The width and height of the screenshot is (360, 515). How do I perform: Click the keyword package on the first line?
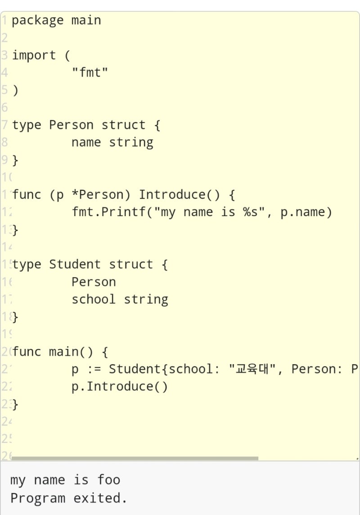(37, 21)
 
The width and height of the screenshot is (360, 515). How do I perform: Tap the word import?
(34, 56)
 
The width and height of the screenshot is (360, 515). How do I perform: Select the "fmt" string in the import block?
(90, 73)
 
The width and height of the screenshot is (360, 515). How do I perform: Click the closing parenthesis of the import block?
(15, 90)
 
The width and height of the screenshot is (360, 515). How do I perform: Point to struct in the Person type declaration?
(123, 125)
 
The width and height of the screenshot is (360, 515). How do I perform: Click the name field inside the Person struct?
(86, 143)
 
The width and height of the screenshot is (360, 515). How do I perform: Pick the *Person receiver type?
(101, 195)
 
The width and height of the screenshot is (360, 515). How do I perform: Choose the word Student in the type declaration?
(75, 265)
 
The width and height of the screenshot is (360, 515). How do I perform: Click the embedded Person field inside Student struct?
(94, 282)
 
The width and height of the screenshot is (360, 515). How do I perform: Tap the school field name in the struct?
(94, 299)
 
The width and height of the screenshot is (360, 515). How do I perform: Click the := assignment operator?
(94, 370)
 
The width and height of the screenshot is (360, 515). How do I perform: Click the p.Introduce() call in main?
(120, 387)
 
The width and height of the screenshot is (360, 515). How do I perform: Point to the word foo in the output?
(109, 480)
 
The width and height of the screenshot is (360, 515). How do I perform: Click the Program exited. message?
(68, 498)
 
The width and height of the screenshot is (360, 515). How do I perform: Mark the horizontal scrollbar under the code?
(135, 458)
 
